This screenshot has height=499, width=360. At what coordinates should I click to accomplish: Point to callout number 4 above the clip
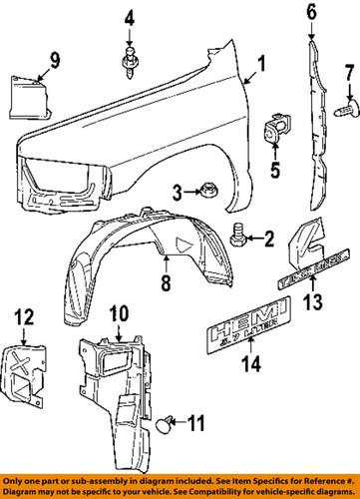pos(130,17)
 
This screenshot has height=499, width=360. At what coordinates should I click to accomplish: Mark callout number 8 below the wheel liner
pos(165,283)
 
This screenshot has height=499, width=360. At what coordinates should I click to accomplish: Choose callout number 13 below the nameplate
pos(315,302)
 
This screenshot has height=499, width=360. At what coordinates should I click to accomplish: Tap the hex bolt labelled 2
pos(239,236)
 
